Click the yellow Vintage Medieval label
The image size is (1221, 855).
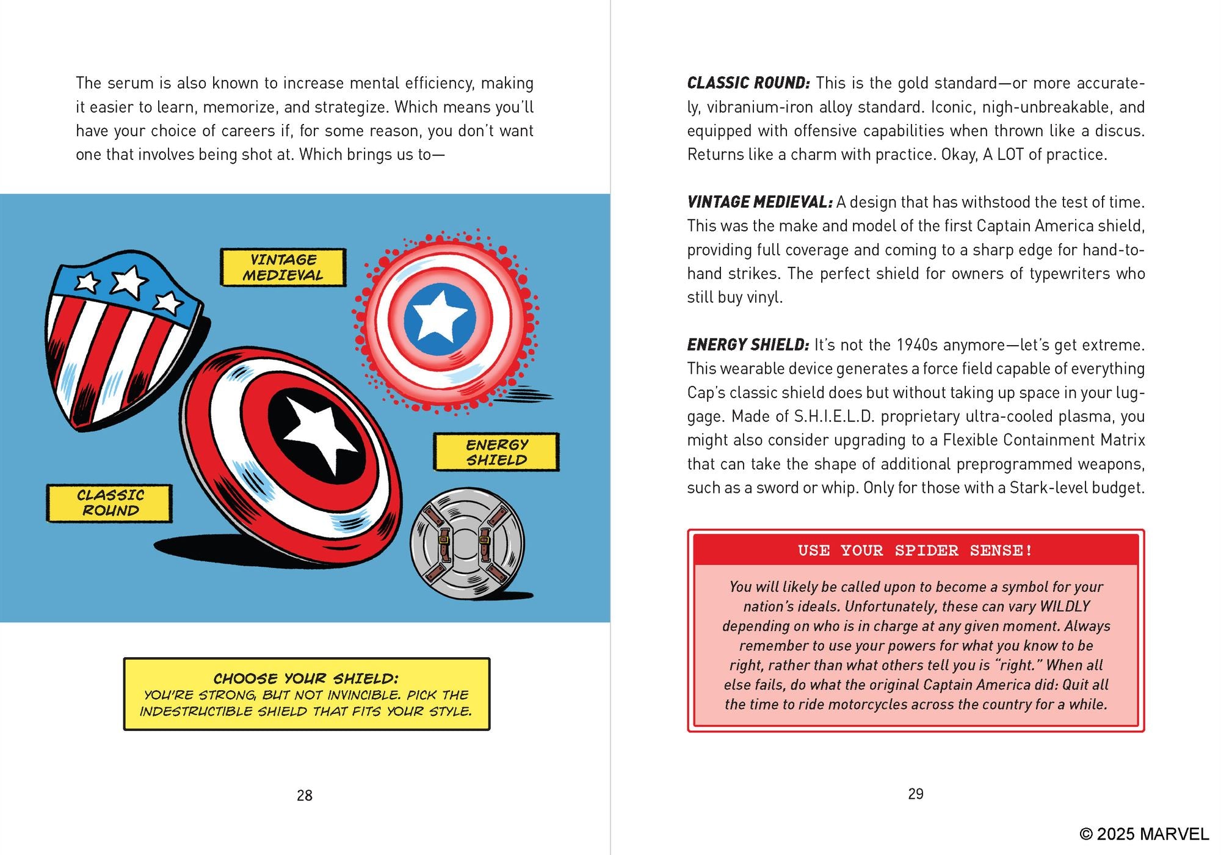283,267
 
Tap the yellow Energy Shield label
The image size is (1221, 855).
496,453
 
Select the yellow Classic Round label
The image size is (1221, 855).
110,503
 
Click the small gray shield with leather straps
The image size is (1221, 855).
467,544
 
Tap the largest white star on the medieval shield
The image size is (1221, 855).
129,282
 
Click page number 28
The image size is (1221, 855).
304,795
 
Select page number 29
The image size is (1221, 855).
915,794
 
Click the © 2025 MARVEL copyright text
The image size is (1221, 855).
1143,834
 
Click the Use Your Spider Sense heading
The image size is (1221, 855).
915,550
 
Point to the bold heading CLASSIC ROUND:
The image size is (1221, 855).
748,83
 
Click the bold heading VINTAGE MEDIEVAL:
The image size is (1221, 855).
759,202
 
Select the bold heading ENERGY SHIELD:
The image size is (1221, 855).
748,345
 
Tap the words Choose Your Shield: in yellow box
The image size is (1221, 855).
306,679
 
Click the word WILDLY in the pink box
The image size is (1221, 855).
1065,606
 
